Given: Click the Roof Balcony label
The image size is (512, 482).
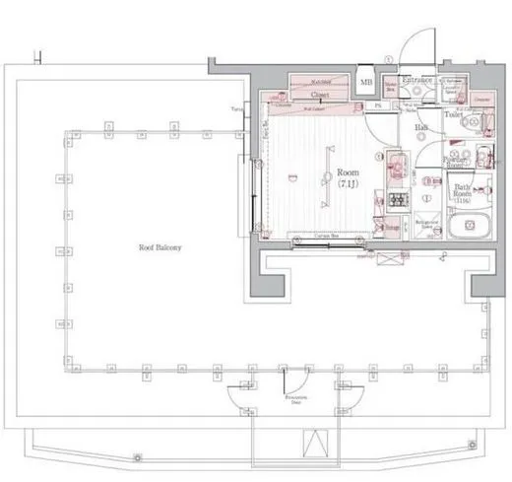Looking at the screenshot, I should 159,247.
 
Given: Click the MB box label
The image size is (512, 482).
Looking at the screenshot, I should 366,83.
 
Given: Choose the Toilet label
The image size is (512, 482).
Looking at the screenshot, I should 454,114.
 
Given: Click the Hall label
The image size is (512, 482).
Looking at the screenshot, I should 420,128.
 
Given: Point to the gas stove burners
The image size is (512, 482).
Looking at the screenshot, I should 402,200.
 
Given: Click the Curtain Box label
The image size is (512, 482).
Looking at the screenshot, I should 314,237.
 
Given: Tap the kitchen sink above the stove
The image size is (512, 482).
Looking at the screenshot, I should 397,167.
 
